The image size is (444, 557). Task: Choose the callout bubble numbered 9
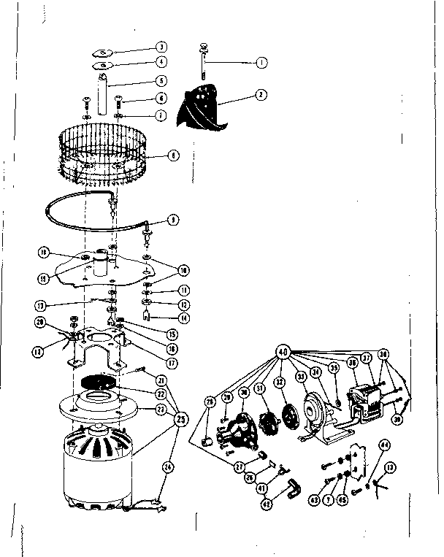coord(172,220)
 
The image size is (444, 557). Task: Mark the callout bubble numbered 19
coord(45,278)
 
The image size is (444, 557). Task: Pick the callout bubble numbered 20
coord(40,323)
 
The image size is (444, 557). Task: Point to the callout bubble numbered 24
coord(169,466)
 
